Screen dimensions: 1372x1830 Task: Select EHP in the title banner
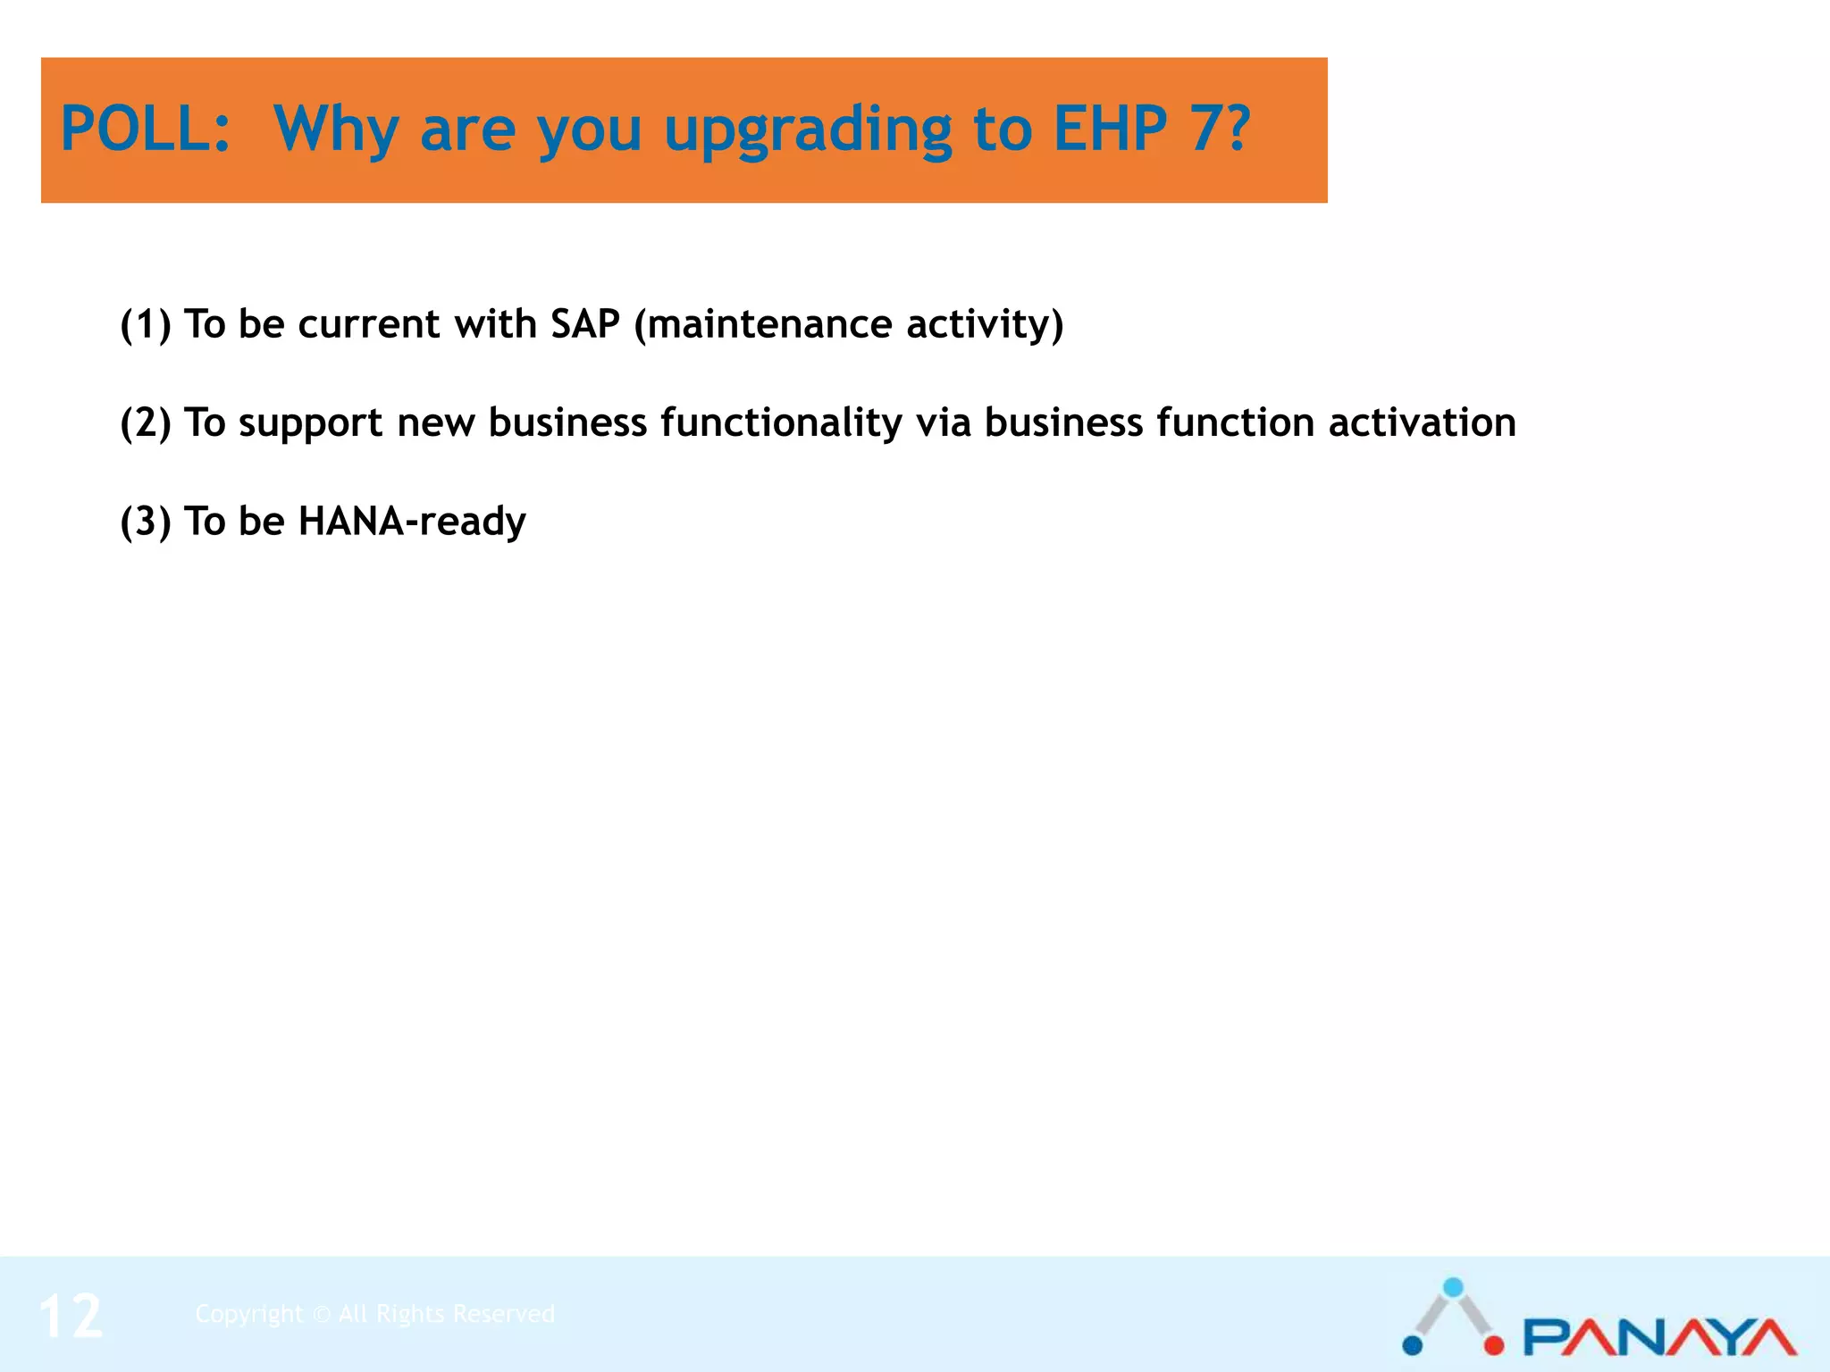(1110, 130)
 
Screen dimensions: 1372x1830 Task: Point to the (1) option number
(145, 324)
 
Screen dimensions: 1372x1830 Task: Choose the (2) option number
(145, 422)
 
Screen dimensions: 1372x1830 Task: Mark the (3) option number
(145, 521)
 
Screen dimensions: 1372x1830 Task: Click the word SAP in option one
(584, 324)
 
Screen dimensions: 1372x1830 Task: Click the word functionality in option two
(781, 422)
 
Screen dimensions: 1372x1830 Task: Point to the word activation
(1422, 422)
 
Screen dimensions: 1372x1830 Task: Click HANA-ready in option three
(412, 521)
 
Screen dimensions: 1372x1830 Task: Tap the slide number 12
(71, 1317)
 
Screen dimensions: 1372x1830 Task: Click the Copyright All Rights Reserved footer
(375, 1314)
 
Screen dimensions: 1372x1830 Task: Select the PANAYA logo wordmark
(1659, 1337)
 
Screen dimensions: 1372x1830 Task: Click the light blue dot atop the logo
(1454, 1287)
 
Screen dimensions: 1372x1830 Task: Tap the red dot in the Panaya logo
(1494, 1344)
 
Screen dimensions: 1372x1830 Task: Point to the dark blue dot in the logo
(1413, 1344)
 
